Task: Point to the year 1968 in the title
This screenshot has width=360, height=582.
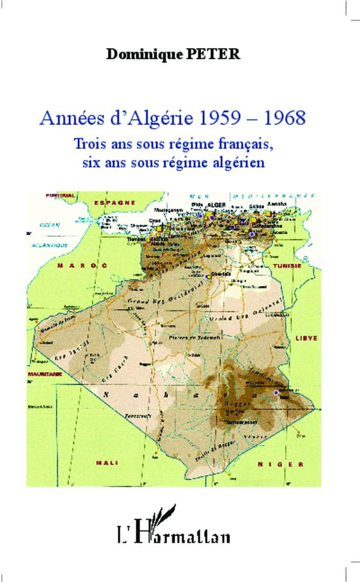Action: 284,116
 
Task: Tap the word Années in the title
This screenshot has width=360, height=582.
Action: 64,116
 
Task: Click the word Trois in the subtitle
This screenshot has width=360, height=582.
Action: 88,145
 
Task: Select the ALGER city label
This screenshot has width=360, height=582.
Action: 215,205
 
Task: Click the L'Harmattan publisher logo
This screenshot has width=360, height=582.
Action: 179,528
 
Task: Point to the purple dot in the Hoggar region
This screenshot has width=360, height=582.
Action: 276,392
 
